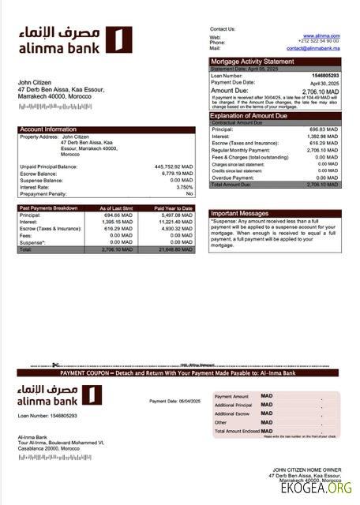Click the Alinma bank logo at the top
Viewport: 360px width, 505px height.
[75, 42]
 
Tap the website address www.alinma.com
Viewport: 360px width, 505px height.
[324, 36]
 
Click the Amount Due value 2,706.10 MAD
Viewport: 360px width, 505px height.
[321, 92]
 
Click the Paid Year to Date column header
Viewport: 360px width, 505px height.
[174, 208]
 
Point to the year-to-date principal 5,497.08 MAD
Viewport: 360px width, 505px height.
[175, 215]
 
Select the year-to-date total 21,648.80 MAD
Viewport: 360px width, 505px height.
[174, 249]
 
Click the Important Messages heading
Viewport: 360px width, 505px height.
[242, 212]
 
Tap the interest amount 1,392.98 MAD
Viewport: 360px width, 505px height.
[322, 136]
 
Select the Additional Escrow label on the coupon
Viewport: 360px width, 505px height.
[231, 413]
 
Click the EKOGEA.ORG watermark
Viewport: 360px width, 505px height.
[316, 488]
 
